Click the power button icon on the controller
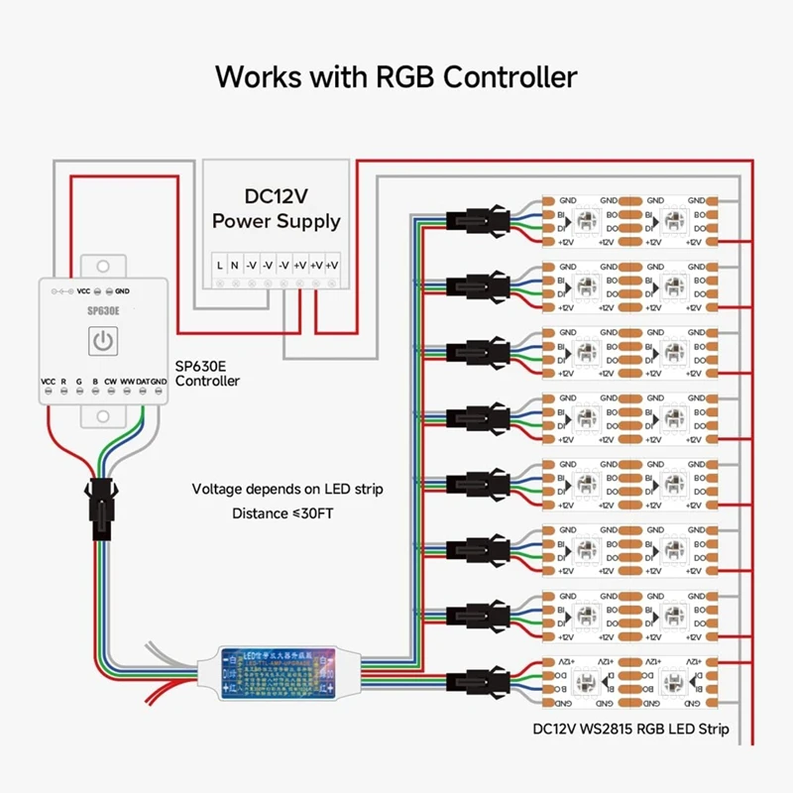(102, 341)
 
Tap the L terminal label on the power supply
(219, 265)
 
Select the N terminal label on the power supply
(235, 265)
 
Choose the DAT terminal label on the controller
(144, 381)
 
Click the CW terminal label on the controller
(111, 381)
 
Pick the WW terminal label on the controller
(128, 381)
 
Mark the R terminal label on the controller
(63, 381)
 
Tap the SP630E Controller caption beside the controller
(207, 373)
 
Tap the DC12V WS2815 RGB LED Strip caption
(630, 730)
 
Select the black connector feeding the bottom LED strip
(481, 681)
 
